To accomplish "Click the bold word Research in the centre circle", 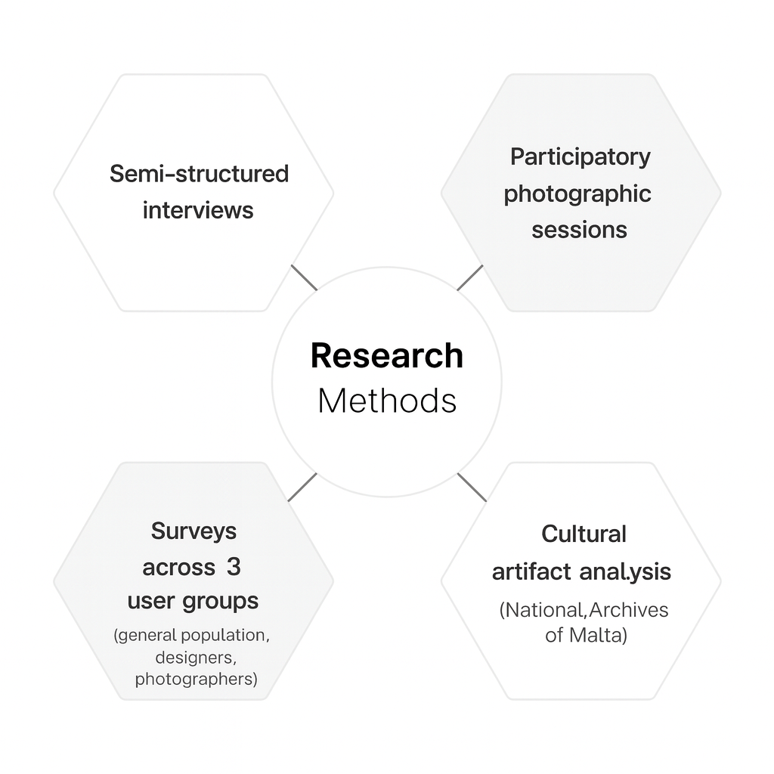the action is click(386, 356).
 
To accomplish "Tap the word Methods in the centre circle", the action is click(386, 401).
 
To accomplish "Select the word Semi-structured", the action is click(199, 174).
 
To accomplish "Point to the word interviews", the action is click(198, 209).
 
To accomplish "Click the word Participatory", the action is click(580, 157).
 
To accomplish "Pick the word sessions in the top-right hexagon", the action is click(579, 230).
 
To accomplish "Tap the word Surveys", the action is click(193, 531).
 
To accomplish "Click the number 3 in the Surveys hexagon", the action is click(233, 567).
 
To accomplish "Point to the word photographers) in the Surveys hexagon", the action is click(196, 679).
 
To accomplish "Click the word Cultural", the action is click(584, 534).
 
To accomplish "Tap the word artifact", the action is click(531, 572).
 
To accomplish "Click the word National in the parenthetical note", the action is click(543, 610).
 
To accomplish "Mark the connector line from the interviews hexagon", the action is click(304, 277).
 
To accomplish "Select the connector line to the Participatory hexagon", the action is click(469, 277).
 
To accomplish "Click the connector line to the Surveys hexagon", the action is click(302, 488).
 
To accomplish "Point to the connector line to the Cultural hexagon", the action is click(472, 488).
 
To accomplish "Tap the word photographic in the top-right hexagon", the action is click(577, 193).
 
